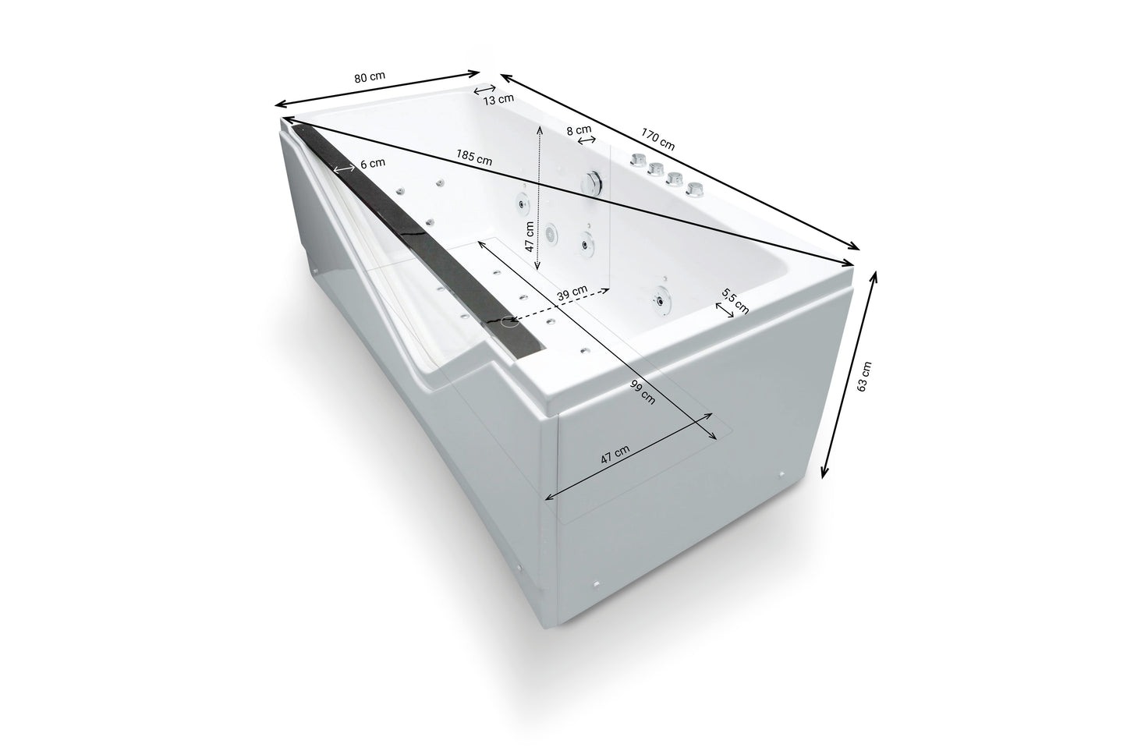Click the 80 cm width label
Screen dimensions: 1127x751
370,77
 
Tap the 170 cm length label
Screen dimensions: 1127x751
657,139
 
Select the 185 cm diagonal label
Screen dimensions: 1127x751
474,158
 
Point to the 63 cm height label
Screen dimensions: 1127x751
863,377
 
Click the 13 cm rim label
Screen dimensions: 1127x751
498,99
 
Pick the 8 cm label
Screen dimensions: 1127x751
579,130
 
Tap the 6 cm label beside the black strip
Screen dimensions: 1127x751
373,163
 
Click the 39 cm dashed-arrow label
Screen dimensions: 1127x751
572,293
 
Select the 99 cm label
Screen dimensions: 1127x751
643,391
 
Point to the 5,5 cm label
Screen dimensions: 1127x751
735,301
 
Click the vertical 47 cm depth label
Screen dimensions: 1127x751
530,236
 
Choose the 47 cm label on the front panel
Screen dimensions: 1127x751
615,455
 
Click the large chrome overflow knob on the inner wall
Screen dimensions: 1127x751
593,182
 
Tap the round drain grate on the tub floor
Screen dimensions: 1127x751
550,233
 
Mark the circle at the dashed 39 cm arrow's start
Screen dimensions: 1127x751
511,321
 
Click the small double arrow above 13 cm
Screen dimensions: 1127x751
485,90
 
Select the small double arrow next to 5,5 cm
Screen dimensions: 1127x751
725,310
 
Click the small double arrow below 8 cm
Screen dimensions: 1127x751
587,140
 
